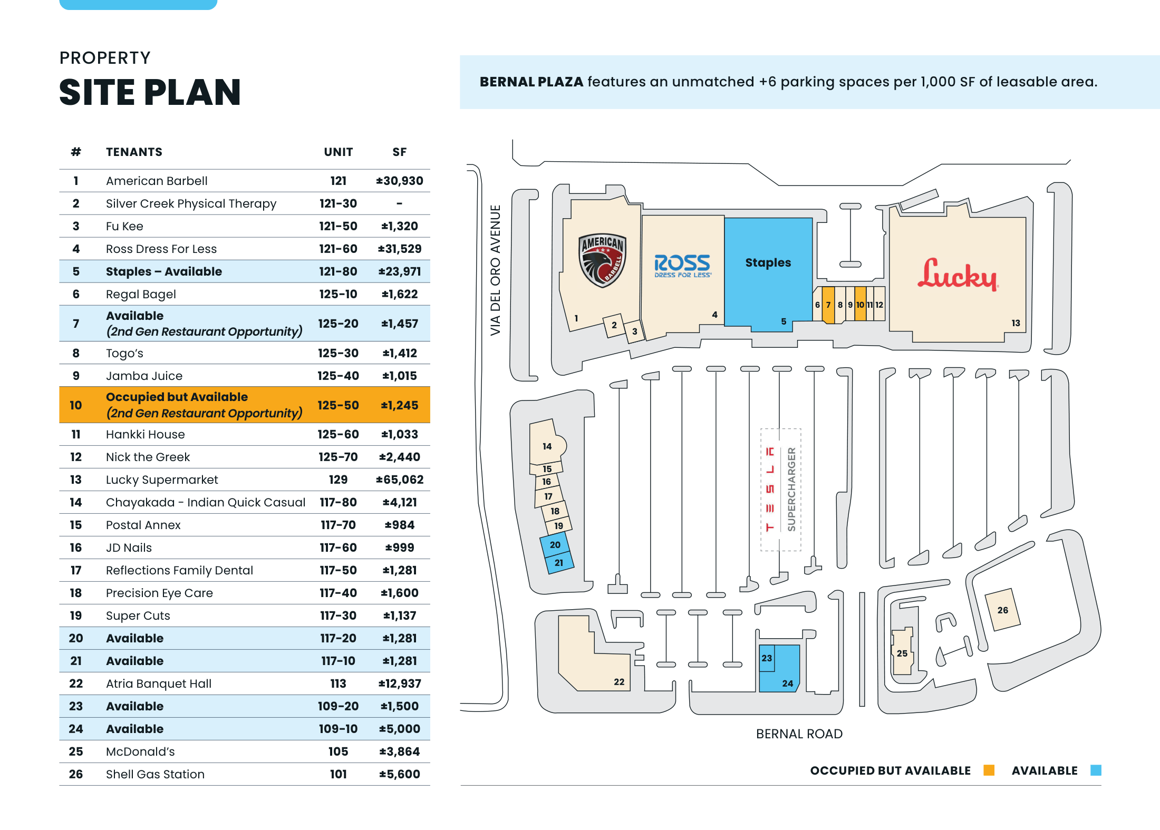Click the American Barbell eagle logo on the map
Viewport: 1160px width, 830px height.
point(602,260)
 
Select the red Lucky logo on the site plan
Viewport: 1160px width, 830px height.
point(957,275)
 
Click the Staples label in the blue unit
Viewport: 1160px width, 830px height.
point(768,262)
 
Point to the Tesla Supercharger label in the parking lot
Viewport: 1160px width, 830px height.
point(780,489)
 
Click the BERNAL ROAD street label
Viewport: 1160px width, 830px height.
point(799,734)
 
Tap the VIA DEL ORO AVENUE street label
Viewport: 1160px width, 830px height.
point(495,270)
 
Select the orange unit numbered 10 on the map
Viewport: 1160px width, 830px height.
point(860,305)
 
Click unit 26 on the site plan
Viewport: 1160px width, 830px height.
point(1002,610)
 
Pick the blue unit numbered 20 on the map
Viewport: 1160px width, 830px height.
point(555,545)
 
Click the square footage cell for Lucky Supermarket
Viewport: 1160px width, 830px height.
point(399,480)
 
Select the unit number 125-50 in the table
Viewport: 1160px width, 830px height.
point(338,405)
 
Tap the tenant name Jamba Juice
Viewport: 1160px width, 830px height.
point(144,376)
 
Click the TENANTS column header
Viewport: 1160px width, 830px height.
point(134,152)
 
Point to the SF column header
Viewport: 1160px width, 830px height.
point(399,152)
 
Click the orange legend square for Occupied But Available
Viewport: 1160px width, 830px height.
point(989,770)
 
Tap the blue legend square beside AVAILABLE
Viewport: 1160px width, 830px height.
point(1096,770)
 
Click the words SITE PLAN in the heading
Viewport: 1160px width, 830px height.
point(150,92)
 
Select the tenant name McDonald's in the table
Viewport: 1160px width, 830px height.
point(140,751)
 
